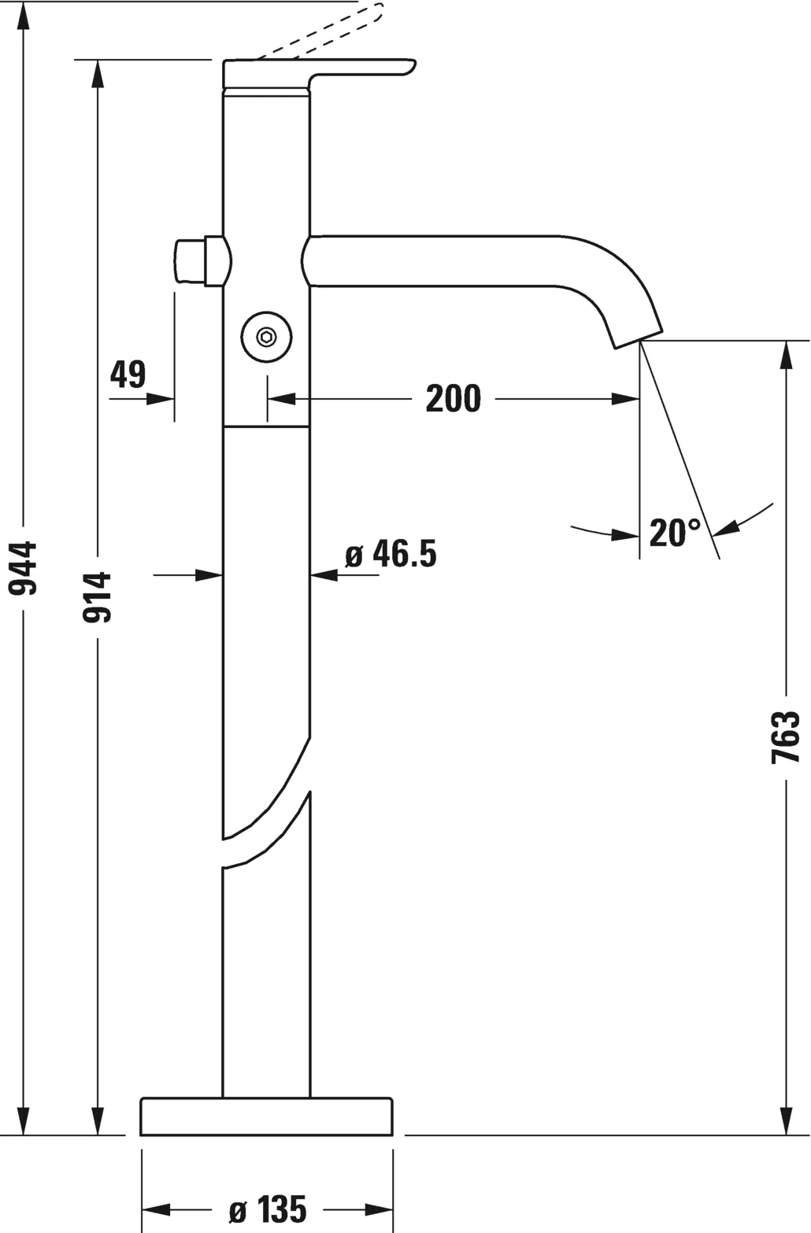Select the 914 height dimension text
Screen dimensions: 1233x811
tap(98, 598)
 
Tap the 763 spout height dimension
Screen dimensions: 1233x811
tap(785, 736)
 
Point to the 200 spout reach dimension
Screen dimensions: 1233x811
tap(453, 399)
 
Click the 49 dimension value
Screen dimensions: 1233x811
tap(128, 375)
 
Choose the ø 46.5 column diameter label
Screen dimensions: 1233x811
tap(391, 555)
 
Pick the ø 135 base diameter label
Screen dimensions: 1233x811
tap(268, 1209)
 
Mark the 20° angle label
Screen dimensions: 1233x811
tap(675, 533)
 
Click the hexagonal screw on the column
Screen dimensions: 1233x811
tap(267, 338)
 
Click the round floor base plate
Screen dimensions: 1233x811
tap(266, 1117)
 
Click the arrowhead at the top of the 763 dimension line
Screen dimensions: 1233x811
tap(785, 355)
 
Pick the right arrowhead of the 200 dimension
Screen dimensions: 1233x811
tap(626, 399)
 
